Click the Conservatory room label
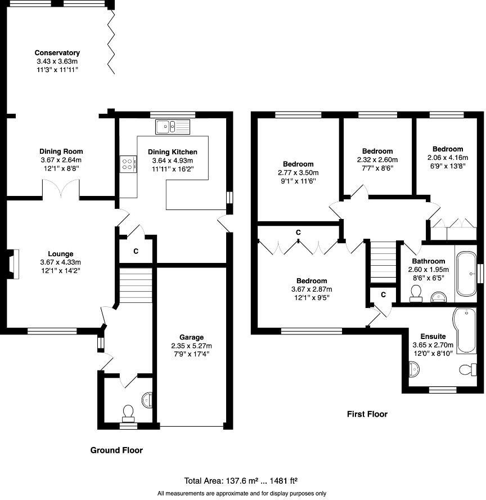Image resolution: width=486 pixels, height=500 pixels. click(57, 53)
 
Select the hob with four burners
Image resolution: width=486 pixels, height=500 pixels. click(128, 164)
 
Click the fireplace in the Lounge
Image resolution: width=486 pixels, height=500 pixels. click(13, 264)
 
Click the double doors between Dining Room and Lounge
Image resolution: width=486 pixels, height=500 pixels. click(61, 190)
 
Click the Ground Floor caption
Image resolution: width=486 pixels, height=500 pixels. click(116, 450)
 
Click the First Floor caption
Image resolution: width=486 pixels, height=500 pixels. click(367, 414)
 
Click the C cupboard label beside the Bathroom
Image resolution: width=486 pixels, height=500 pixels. click(383, 294)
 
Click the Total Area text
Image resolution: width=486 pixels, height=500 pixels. click(241, 481)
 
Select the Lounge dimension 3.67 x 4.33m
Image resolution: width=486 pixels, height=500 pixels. click(61, 262)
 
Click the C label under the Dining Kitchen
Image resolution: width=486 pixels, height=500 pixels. click(136, 252)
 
